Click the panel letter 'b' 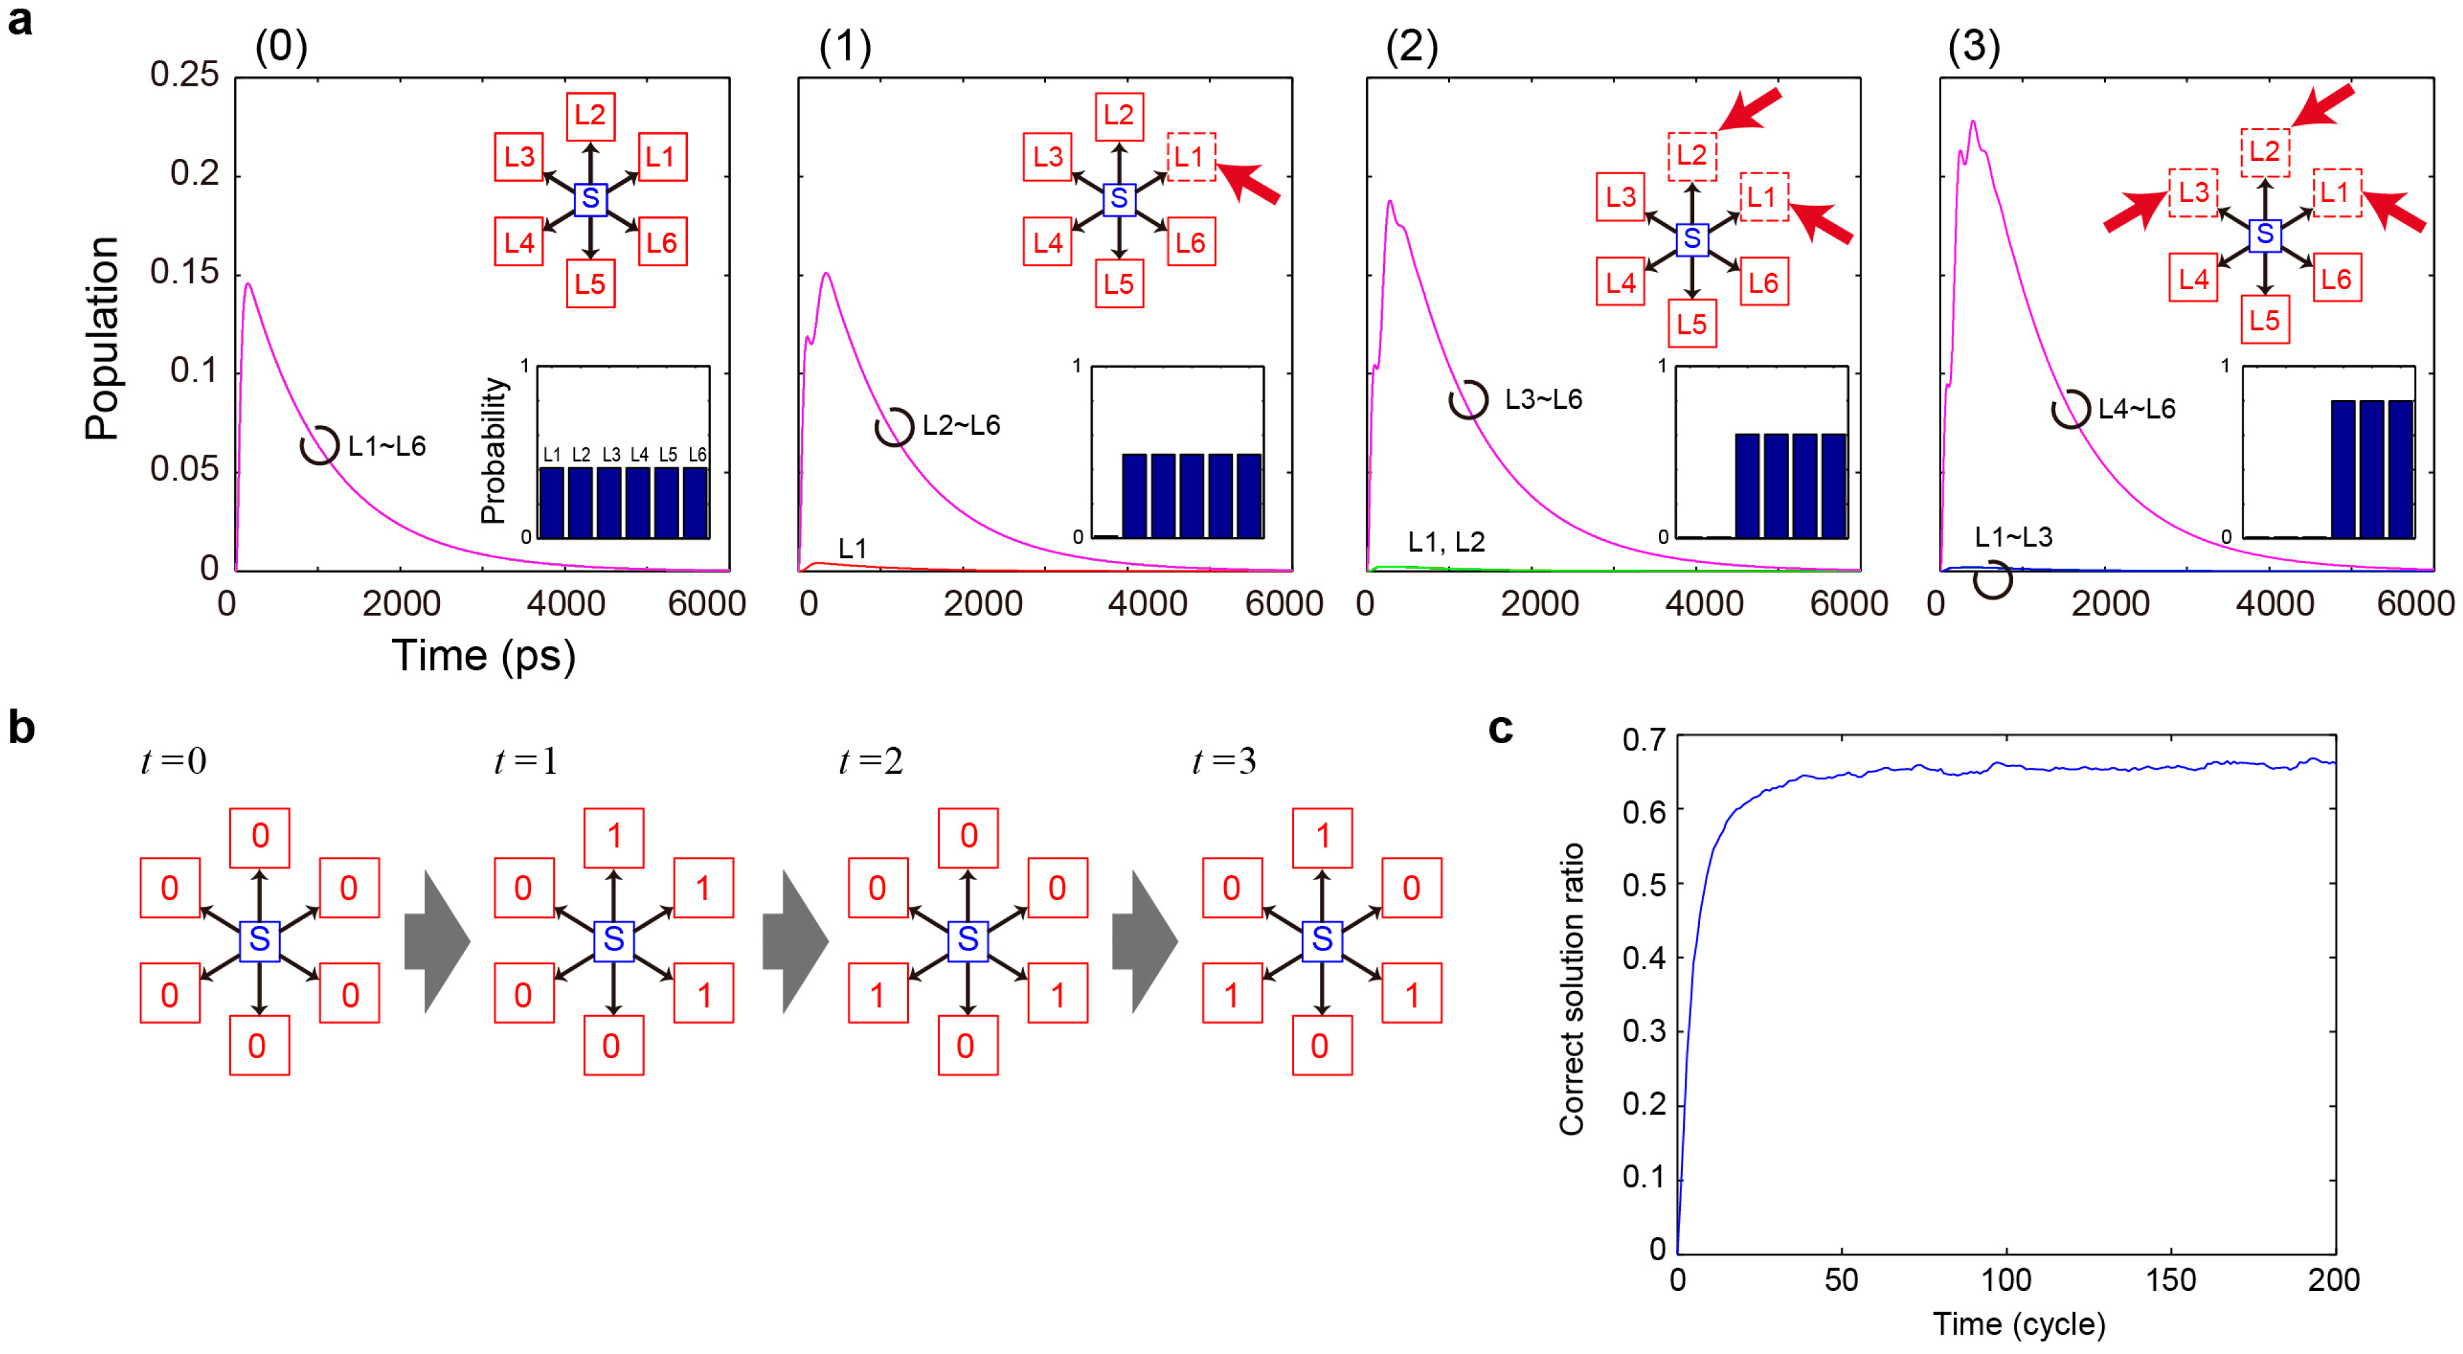coord(21,728)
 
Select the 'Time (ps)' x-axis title coord(483,656)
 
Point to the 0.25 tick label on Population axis coord(185,74)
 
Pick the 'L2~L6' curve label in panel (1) coord(961,425)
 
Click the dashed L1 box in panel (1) coord(1190,157)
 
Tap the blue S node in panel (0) coord(590,199)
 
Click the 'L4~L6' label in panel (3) coord(2136,409)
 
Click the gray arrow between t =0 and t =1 coord(436,941)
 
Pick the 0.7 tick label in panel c coord(1644,739)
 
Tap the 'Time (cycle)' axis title coord(2018,1324)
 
